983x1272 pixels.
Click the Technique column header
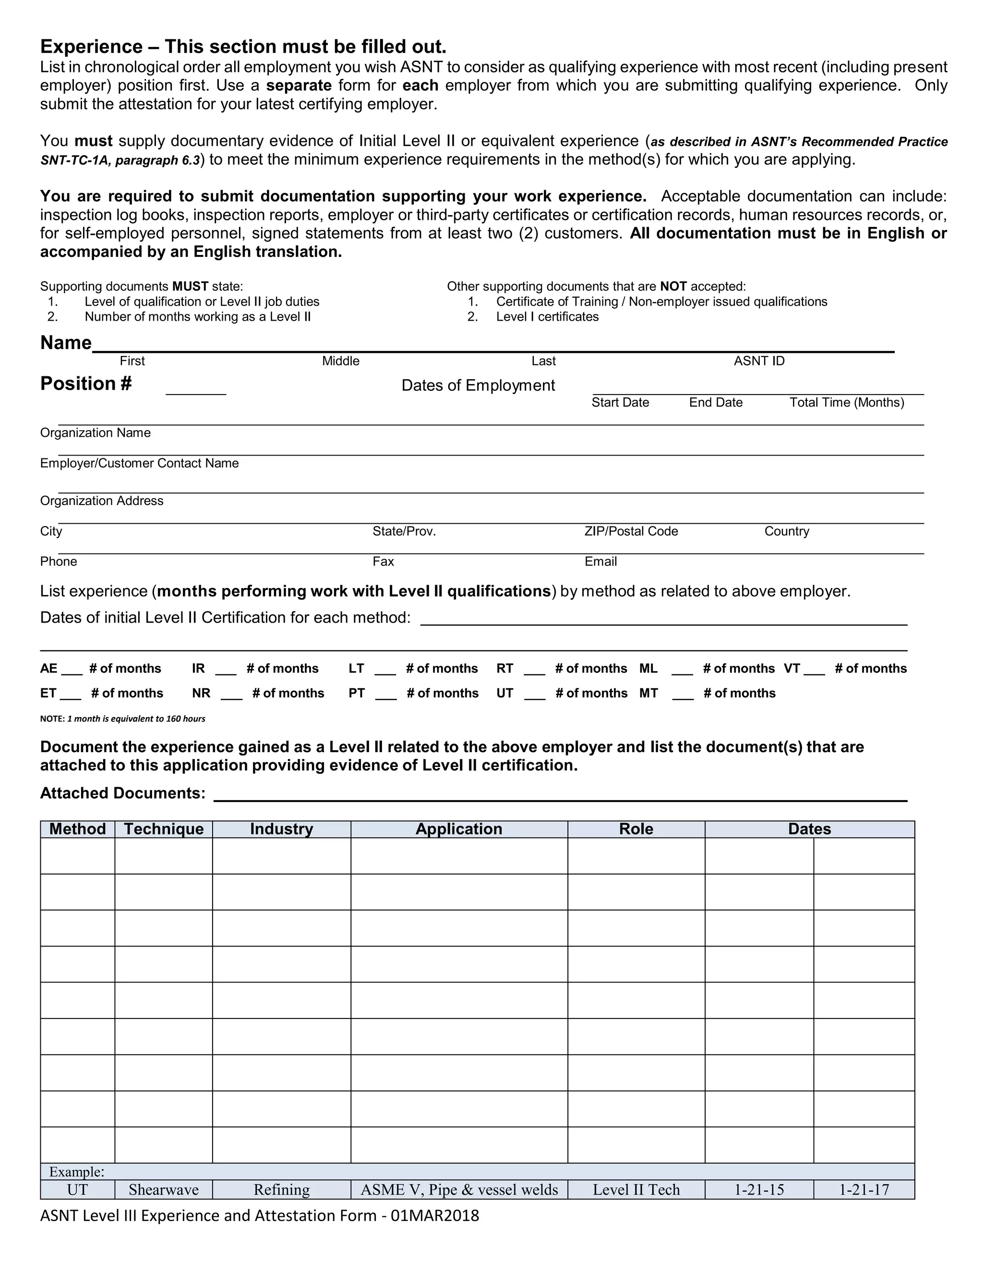tap(164, 829)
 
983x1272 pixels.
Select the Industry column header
tap(281, 829)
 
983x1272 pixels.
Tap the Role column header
tap(636, 829)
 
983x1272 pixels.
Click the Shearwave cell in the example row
tap(164, 1189)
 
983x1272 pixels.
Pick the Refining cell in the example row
tap(281, 1189)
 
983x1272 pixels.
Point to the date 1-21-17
tap(863, 1189)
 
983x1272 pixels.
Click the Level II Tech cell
tap(636, 1189)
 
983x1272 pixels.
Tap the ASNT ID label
tap(759, 361)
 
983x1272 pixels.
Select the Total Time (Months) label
tap(846, 402)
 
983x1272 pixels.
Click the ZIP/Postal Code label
tap(631, 531)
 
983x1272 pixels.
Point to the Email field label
tap(600, 562)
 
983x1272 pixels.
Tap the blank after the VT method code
tap(814, 670)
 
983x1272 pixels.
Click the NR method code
tap(201, 693)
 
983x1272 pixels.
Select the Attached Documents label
tap(122, 793)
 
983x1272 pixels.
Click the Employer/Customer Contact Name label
tap(139, 463)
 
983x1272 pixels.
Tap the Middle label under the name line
tap(341, 361)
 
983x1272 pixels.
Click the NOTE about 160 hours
tap(122, 719)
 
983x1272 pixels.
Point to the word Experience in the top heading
tap(91, 47)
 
